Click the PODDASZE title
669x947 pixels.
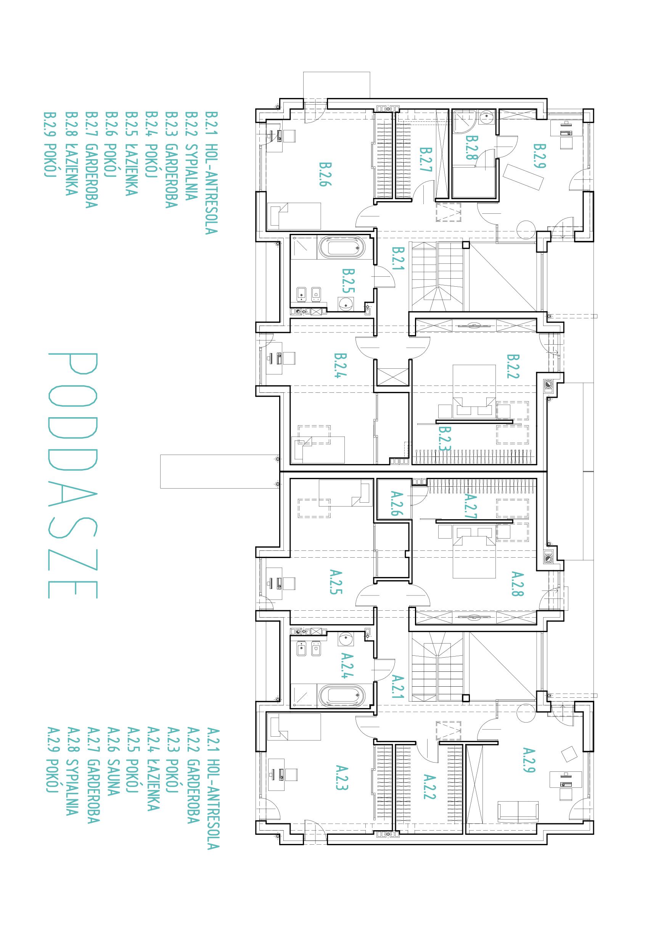point(73,475)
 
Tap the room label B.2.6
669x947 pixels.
point(325,174)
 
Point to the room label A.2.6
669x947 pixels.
point(395,503)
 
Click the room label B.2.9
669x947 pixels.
point(540,156)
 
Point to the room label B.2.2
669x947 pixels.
point(513,366)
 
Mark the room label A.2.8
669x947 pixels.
point(517,584)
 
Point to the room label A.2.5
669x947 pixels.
point(336,582)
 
